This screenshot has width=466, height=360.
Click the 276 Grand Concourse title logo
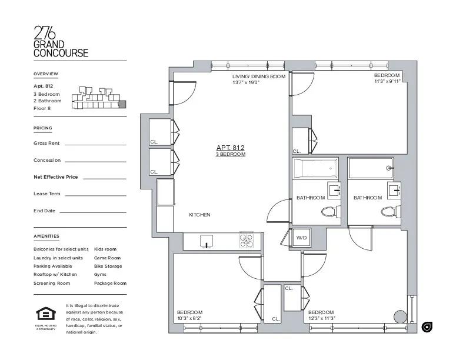61,41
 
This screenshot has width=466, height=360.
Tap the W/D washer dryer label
301,238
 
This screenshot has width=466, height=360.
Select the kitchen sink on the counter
205,241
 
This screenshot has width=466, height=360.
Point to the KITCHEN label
199,215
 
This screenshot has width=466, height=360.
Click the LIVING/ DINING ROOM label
258,76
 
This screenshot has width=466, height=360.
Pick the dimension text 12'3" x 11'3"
321,318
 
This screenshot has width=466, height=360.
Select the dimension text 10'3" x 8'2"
189,318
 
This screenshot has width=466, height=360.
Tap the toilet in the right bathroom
390,212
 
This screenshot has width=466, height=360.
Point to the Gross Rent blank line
95,144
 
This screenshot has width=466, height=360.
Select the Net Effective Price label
56,176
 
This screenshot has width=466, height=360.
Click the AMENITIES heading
46,236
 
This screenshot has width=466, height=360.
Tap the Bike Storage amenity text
108,266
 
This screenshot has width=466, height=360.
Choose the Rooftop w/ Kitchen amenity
55,275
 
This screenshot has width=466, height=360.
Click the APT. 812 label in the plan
230,148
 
